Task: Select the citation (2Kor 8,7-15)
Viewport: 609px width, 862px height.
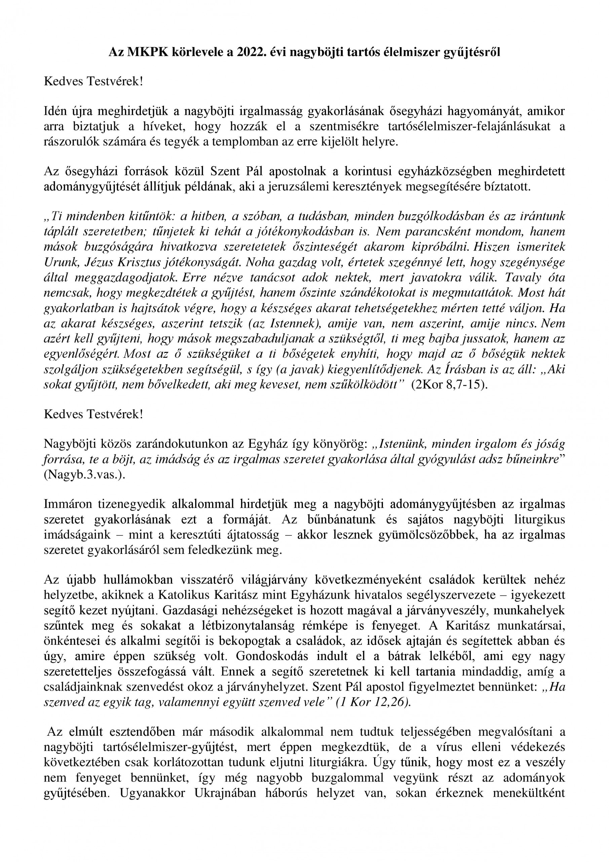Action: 450,385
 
